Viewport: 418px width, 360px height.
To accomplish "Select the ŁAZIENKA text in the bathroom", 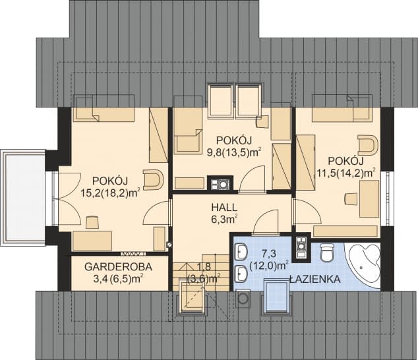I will click(x=314, y=280).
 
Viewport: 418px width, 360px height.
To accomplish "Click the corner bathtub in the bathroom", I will click(x=362, y=262).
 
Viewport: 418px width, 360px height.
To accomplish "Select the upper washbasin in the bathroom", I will click(x=241, y=251).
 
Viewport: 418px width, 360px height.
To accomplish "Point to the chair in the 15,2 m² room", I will click(x=152, y=179).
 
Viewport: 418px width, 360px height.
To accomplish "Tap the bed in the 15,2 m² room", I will click(x=104, y=109).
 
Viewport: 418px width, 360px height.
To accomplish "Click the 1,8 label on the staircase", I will click(x=204, y=266).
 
